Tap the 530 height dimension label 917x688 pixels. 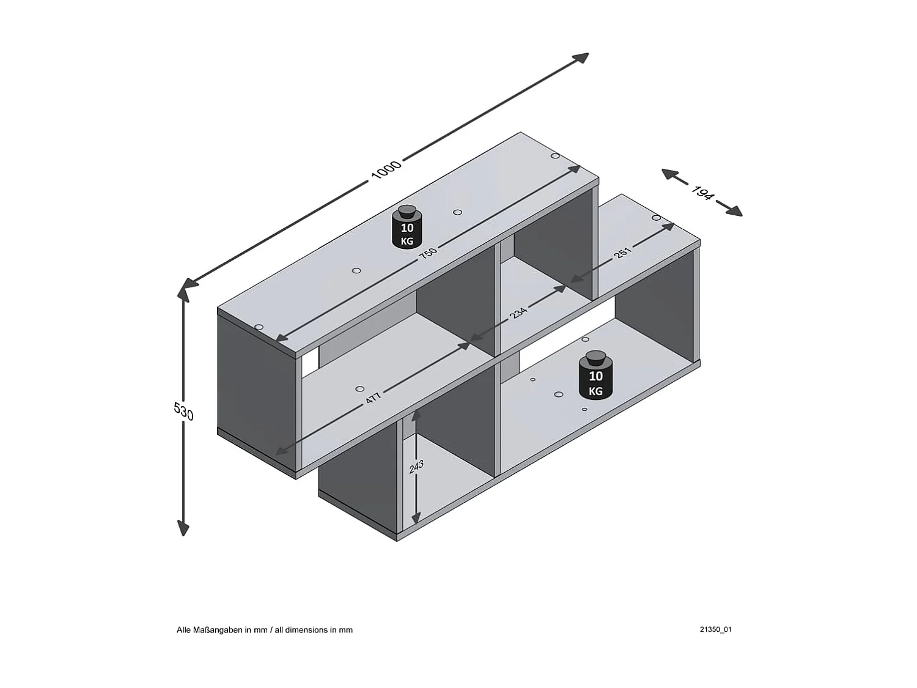(x=183, y=411)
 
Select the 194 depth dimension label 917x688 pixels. (x=702, y=193)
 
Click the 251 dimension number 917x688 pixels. (x=623, y=252)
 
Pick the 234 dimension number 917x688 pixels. (x=518, y=313)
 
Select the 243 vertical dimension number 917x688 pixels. (x=416, y=468)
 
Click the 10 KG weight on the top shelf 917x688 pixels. (x=407, y=228)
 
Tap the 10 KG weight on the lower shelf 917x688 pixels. (x=595, y=375)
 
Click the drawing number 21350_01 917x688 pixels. (x=715, y=629)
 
